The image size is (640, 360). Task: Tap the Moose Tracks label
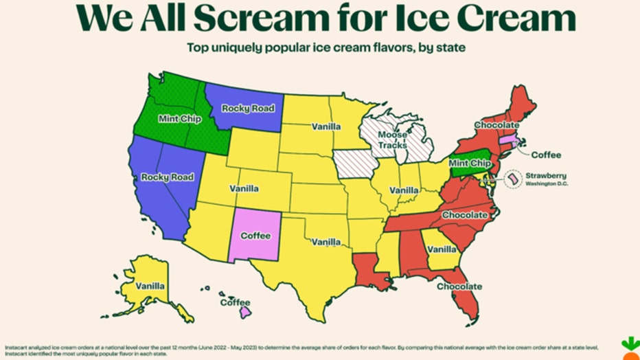point(392,141)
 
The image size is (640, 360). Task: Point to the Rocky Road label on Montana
point(248,108)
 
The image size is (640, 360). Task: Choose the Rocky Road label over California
point(168,177)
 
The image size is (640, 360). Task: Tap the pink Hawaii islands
point(244,313)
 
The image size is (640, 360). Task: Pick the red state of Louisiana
point(369,269)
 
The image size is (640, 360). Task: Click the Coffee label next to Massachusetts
point(545,154)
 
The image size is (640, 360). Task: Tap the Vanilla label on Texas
point(325,242)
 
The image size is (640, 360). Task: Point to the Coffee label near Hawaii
point(235,302)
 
